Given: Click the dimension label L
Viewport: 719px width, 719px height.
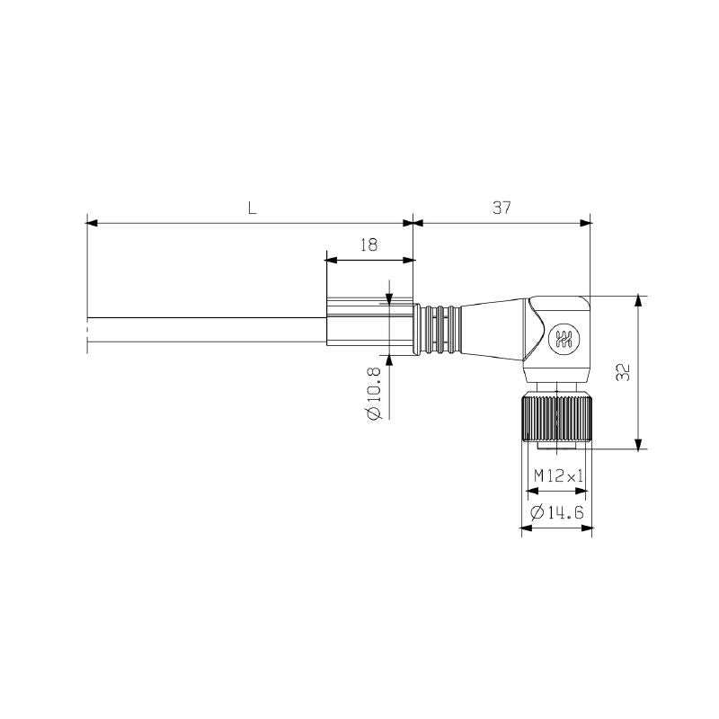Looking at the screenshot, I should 253,208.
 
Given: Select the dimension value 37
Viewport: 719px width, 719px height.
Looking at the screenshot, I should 501,208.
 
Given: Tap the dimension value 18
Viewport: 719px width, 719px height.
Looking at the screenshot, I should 368,244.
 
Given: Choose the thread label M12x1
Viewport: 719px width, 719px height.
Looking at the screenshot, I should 555,475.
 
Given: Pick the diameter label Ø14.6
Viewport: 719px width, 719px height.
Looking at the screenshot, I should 557,512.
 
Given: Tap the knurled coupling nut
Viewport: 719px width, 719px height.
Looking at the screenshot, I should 555,416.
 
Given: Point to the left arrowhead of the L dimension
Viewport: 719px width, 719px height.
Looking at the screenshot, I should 91,223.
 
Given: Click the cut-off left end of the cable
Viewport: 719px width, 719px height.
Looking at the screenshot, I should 88,330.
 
